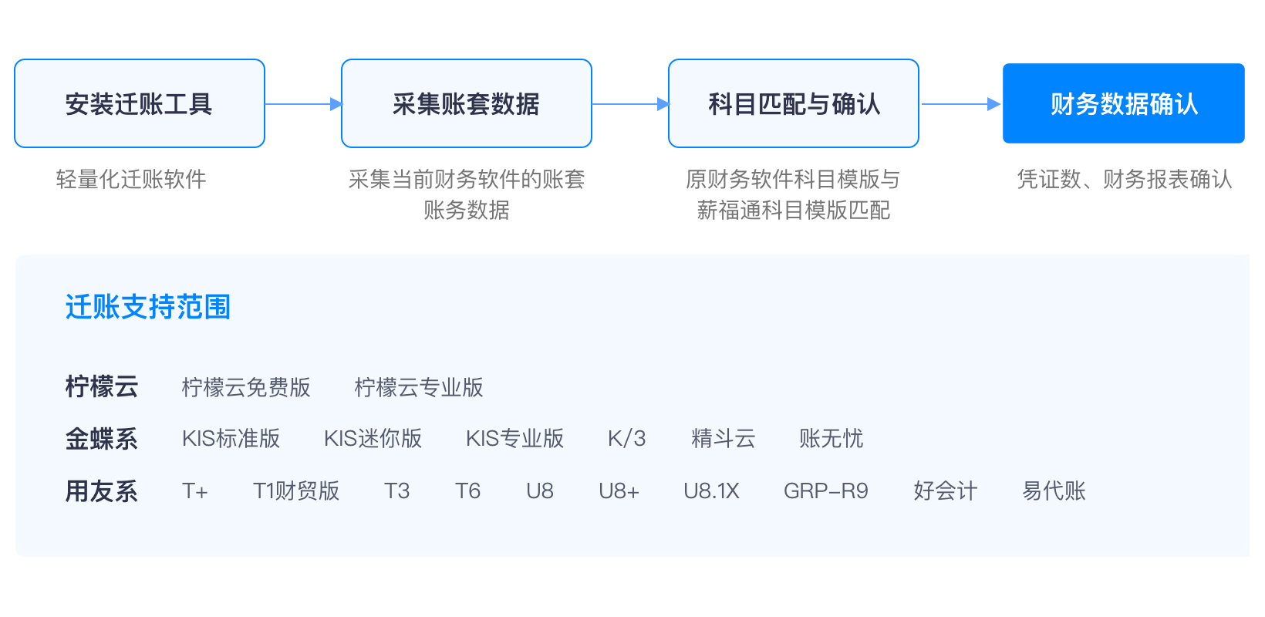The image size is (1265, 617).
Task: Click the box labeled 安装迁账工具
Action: tap(140, 103)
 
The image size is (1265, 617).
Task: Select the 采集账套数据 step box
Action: tap(466, 103)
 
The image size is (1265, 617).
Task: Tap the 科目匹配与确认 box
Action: tap(794, 103)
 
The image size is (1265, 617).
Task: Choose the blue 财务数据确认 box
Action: tap(1124, 103)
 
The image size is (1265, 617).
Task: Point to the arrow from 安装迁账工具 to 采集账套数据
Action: tap(303, 104)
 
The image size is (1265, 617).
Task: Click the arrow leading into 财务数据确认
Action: tap(960, 104)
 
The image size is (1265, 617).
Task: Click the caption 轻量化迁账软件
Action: tap(131, 180)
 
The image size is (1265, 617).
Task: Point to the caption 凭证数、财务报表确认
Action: tap(1124, 180)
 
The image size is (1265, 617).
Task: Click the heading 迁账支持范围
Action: tap(148, 307)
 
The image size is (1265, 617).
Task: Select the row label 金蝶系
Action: tap(102, 439)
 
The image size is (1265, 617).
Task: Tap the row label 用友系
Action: tap(102, 491)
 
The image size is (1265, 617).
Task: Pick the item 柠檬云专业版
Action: tap(419, 387)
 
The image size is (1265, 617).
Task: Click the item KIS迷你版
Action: tap(373, 439)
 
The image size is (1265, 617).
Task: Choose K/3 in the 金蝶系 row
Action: tap(626, 439)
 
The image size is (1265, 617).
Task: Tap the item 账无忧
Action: tap(831, 439)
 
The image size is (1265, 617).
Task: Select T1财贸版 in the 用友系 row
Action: tap(296, 491)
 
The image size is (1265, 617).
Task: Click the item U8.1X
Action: tap(711, 491)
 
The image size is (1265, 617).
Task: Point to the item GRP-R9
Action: tap(826, 491)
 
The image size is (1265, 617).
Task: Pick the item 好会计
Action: tap(945, 491)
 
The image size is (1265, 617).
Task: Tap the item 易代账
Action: tap(1054, 491)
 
